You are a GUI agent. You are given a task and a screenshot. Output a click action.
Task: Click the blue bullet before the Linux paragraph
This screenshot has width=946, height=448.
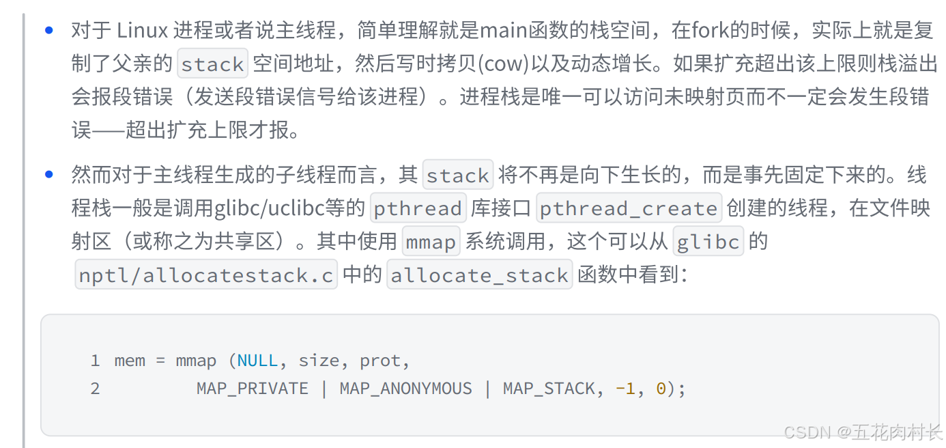(x=48, y=30)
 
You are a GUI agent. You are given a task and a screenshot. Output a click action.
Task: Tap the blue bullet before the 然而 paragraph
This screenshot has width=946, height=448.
(x=48, y=174)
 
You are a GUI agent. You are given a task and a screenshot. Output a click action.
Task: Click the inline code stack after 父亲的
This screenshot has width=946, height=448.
(x=212, y=64)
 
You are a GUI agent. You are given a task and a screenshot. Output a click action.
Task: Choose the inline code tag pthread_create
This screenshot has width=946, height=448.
(x=629, y=208)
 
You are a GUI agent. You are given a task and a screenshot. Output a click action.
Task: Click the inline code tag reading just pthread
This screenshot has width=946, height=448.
(x=418, y=208)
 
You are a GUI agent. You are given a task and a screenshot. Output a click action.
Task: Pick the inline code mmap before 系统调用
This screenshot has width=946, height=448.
(x=431, y=242)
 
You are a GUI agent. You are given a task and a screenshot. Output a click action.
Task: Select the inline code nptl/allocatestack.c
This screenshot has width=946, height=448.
(x=206, y=275)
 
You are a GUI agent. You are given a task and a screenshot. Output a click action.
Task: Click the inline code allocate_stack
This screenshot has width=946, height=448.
(x=479, y=275)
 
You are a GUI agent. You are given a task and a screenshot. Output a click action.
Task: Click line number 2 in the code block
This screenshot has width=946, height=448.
(x=95, y=389)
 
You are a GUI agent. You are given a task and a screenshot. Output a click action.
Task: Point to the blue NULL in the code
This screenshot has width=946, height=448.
(x=257, y=361)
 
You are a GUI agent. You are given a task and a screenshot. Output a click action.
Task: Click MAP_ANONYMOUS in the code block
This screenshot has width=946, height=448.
(x=405, y=389)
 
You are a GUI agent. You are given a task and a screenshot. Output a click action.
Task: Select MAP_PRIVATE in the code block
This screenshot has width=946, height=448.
(x=253, y=389)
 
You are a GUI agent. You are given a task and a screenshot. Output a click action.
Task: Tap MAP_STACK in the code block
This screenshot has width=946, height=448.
(x=549, y=389)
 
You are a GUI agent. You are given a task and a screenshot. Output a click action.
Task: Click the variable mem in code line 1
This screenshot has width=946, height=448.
(x=129, y=361)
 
